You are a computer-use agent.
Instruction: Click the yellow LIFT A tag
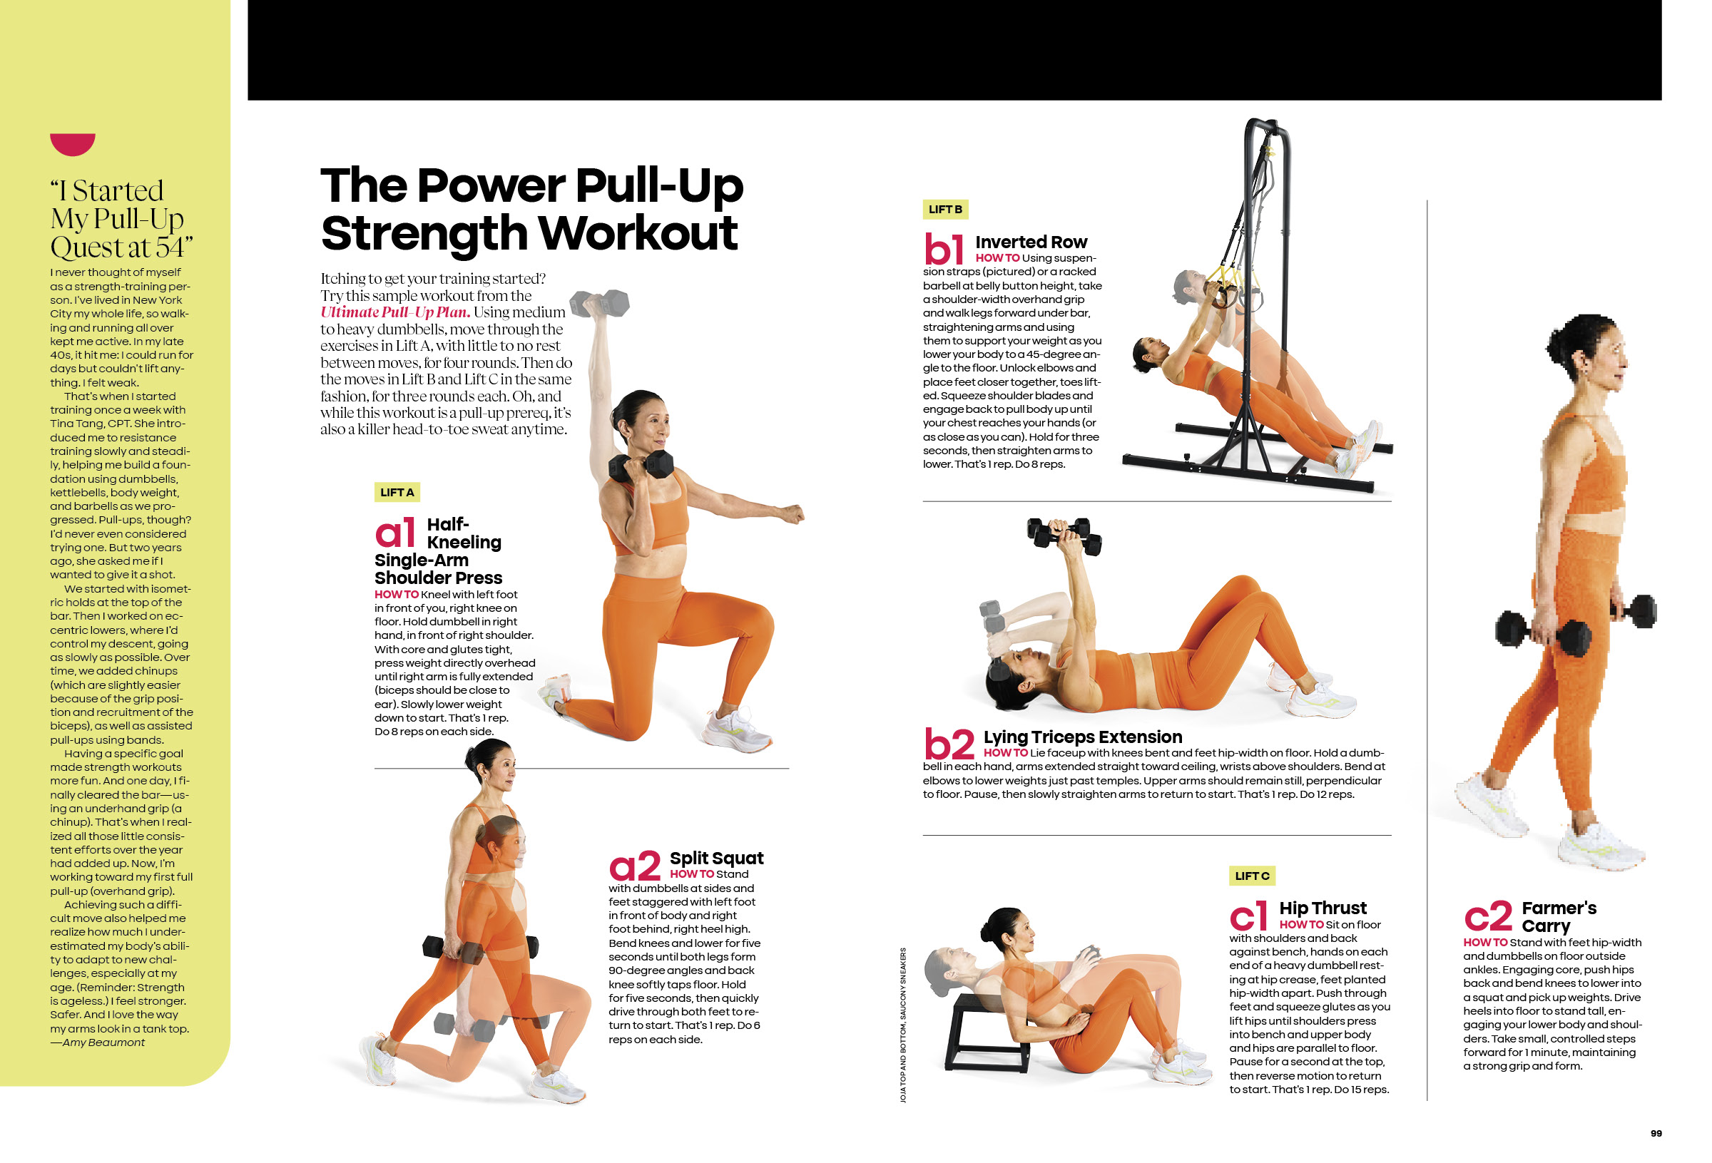click(x=397, y=492)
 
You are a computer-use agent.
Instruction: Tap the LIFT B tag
click(x=945, y=209)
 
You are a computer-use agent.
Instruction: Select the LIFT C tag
click(x=1253, y=876)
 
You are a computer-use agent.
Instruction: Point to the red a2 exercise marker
click(x=634, y=866)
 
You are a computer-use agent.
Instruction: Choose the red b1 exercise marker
click(x=944, y=249)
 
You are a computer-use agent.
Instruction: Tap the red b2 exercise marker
click(x=949, y=744)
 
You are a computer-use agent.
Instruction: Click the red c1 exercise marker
click(x=1248, y=916)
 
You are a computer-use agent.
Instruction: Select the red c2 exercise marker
click(x=1489, y=916)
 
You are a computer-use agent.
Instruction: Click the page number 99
click(x=1656, y=1134)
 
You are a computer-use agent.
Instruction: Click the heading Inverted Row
click(x=1031, y=242)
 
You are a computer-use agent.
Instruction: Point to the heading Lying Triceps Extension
click(x=1082, y=737)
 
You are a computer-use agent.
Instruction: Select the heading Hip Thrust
click(x=1323, y=908)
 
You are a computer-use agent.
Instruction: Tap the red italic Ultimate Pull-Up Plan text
click(x=395, y=312)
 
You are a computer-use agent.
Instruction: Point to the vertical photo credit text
click(x=903, y=1025)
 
